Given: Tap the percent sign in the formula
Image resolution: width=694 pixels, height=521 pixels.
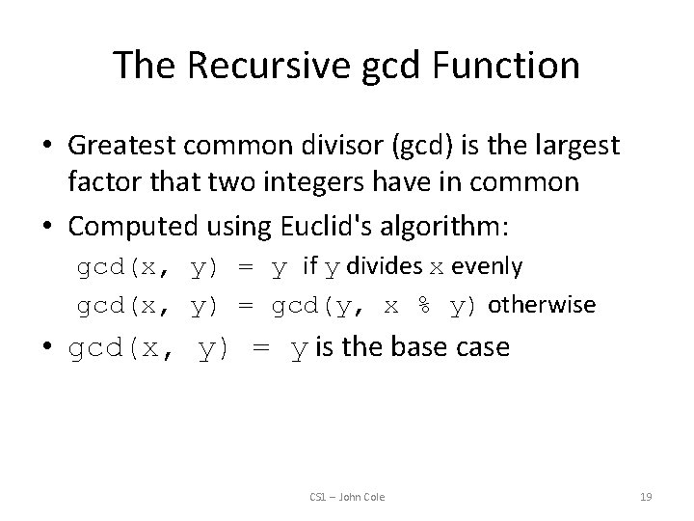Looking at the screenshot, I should pos(422,306).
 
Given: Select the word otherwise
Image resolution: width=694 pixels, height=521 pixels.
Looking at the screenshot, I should pos(542,306).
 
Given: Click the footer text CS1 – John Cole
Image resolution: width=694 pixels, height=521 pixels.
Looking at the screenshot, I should pos(347,497).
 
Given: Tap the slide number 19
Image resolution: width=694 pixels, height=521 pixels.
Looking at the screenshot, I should pos(646,497).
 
